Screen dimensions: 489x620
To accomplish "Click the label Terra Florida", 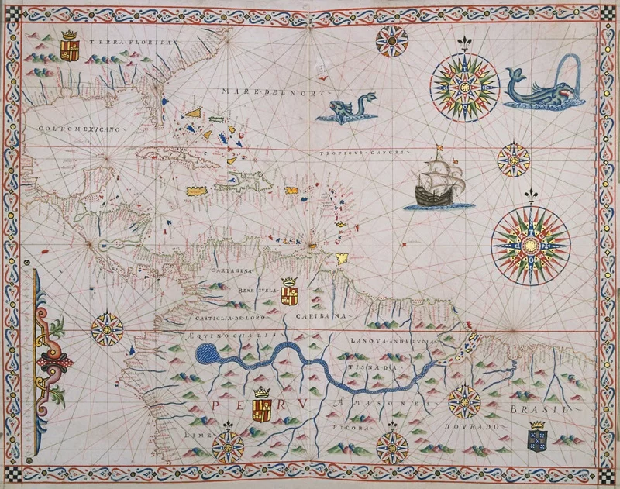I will pyautogui.click(x=129, y=42).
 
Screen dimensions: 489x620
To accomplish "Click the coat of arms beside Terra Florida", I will pyautogui.click(x=71, y=46).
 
